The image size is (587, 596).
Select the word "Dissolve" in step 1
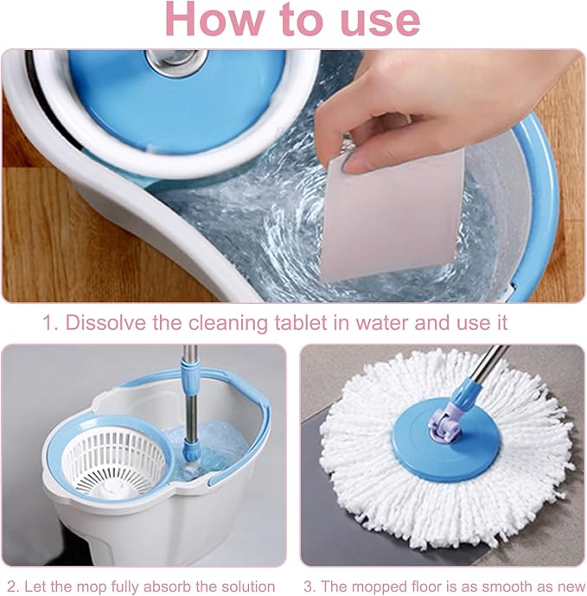click(105, 323)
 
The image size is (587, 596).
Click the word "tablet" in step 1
click(302, 322)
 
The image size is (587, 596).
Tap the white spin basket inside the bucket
click(114, 460)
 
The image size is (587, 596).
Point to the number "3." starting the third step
click(310, 586)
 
